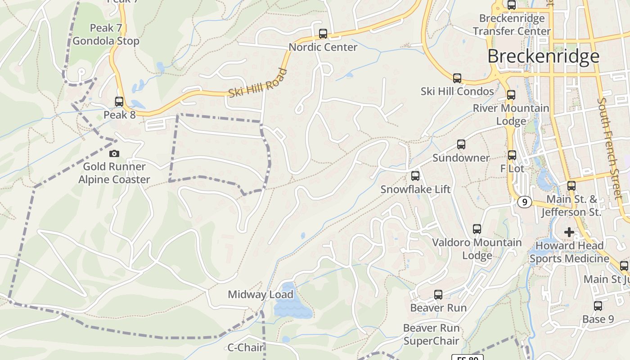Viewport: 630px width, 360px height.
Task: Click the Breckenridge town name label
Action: (x=543, y=57)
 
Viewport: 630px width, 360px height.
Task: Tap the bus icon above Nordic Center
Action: (x=323, y=34)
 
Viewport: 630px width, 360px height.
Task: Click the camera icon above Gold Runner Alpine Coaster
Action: (x=114, y=153)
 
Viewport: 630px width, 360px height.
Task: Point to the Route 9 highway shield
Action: (x=524, y=202)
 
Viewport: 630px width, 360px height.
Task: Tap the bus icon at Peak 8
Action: (x=119, y=102)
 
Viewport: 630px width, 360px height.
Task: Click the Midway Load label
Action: (x=260, y=295)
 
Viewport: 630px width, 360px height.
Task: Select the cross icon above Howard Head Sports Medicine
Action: (x=569, y=232)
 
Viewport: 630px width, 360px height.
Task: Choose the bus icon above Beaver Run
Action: (x=438, y=295)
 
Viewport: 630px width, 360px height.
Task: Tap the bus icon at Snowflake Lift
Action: (x=415, y=176)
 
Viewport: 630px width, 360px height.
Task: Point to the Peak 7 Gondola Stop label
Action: (x=106, y=35)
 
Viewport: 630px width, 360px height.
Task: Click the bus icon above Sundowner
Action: (x=461, y=144)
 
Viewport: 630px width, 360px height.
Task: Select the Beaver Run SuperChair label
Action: (x=431, y=334)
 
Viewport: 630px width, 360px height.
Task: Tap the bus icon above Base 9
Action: (x=598, y=306)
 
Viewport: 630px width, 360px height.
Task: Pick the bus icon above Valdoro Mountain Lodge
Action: (x=477, y=229)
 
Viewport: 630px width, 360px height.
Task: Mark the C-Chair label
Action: (x=245, y=347)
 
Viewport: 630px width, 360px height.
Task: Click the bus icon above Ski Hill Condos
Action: (x=457, y=78)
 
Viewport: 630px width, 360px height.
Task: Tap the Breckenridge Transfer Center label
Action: (x=512, y=25)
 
